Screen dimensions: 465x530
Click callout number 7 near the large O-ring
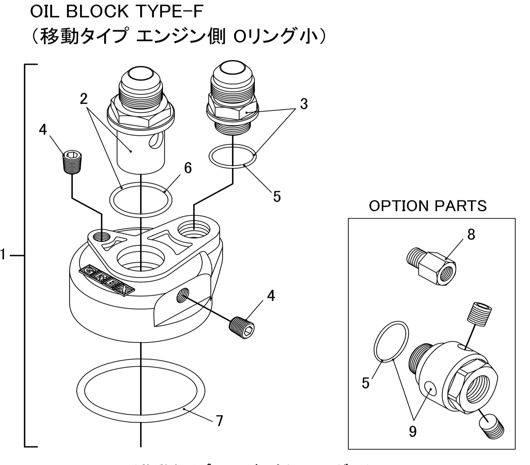coord(219,421)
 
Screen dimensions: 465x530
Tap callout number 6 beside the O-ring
coord(188,168)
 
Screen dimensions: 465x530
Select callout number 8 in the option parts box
coord(471,235)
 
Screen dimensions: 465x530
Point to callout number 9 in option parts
coord(413,431)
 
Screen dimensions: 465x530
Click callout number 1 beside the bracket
coord(3,255)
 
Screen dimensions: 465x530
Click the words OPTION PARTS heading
coord(427,206)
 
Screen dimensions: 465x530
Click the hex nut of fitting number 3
coord(232,109)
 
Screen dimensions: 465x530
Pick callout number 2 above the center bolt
coord(84,98)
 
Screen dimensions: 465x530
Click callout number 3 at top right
coord(304,104)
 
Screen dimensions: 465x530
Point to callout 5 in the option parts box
coord(365,383)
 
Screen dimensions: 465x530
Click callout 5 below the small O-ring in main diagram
coord(277,197)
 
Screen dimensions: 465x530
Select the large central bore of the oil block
coord(141,259)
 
